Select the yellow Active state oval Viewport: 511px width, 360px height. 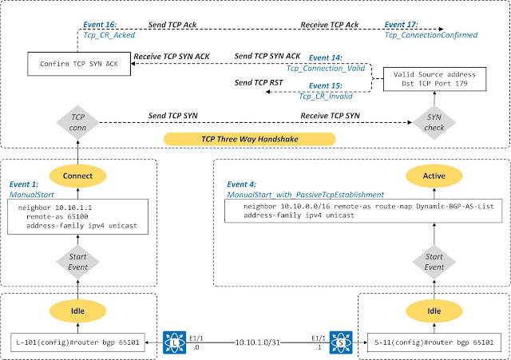point(432,175)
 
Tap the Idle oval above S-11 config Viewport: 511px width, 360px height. point(432,309)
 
